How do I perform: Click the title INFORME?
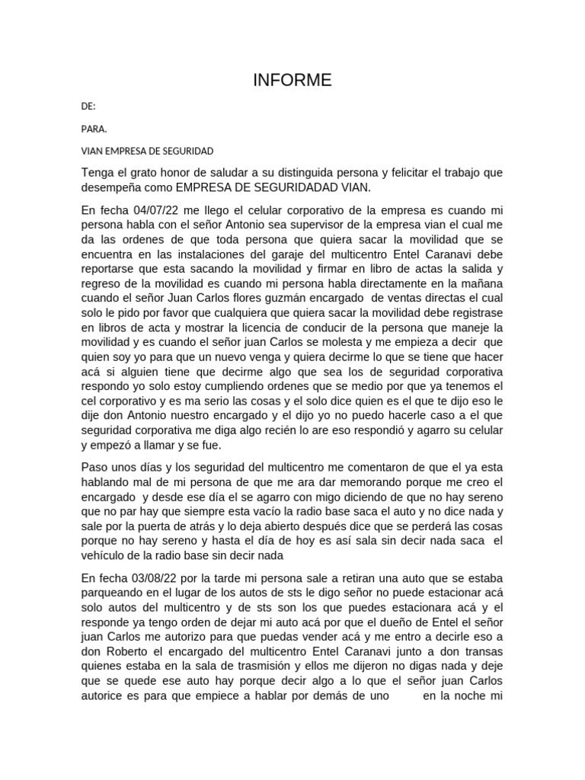pyautogui.click(x=292, y=81)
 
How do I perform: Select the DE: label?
pyautogui.click(x=88, y=107)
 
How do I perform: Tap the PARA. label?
pyautogui.click(x=94, y=129)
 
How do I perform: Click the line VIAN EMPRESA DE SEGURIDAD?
pyautogui.click(x=147, y=151)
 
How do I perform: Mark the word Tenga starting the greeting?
pyautogui.click(x=97, y=173)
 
